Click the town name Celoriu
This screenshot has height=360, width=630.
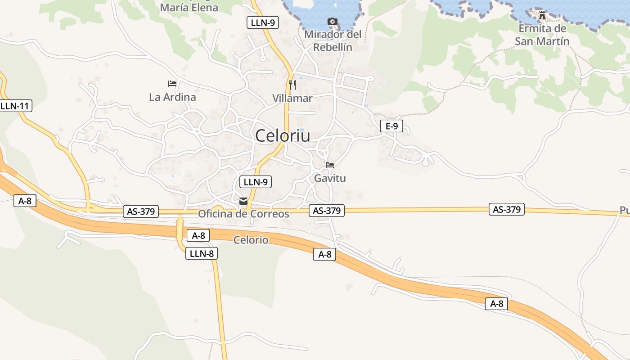pos(283,135)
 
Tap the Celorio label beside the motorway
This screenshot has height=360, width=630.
pos(251,240)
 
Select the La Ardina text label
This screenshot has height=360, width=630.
pos(172,97)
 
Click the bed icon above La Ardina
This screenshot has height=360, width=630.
pos(172,83)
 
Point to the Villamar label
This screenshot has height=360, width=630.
pos(292,98)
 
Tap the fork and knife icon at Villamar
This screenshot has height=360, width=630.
pos(292,85)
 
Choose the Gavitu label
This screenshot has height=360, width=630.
pos(330,178)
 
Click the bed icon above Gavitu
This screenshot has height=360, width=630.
pos(330,165)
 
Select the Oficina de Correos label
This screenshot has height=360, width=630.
pos(243,214)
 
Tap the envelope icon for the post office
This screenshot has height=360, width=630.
pos(243,201)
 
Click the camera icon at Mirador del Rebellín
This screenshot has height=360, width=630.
pos(333,21)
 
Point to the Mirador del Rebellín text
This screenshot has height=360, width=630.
pos(333,40)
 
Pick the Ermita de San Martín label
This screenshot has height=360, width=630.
pos(542,35)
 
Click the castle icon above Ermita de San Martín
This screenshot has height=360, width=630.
pos(542,15)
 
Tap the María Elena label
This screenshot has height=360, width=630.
pos(189,8)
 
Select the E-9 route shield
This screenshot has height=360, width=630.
pos(391,126)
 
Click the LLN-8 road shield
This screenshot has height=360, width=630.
pos(202,253)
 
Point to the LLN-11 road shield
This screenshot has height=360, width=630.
pos(15,106)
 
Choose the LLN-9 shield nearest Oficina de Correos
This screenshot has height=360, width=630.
pos(256,182)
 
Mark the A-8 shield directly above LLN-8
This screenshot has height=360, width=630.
pos(198,235)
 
